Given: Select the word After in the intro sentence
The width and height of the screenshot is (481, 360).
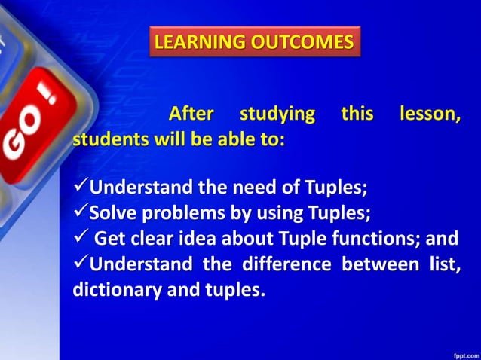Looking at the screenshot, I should click(x=191, y=114).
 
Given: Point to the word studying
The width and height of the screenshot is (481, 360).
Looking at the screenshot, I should click(x=277, y=114).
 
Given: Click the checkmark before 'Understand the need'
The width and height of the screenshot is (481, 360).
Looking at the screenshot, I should click(x=81, y=187).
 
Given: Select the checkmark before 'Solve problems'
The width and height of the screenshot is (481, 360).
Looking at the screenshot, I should click(x=81, y=213).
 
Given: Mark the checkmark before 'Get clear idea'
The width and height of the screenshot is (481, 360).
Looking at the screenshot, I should click(x=81, y=239).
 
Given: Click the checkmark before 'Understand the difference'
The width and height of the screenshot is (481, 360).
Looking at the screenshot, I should click(x=81, y=265).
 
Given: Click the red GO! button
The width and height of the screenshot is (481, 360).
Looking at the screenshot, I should click(x=34, y=136).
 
